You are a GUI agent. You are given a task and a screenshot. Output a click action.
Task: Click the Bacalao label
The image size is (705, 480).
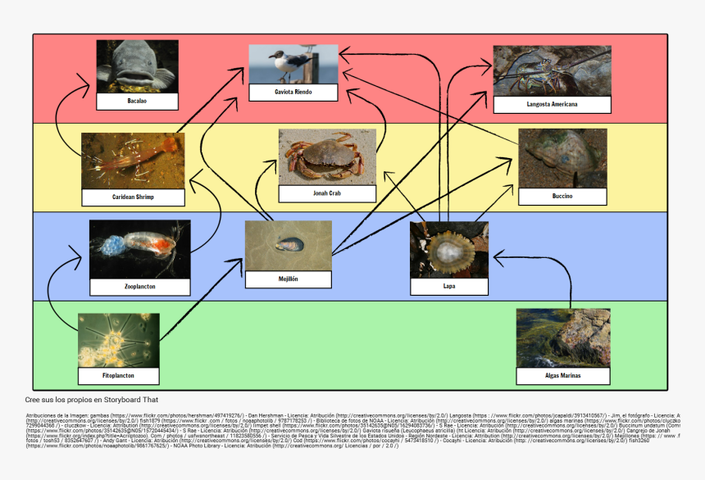(x=137, y=101)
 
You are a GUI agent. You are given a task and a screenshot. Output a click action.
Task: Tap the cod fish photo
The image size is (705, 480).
(x=137, y=66)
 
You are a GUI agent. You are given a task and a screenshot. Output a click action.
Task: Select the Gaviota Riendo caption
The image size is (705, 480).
(x=293, y=92)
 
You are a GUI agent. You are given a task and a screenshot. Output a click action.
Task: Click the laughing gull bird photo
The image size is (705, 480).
(x=293, y=63)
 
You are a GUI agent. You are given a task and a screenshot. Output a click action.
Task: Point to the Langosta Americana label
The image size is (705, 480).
(x=552, y=104)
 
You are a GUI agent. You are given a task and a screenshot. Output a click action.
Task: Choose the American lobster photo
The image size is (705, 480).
(x=552, y=70)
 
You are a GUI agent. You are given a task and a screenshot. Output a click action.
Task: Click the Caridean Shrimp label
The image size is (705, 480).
(x=133, y=197)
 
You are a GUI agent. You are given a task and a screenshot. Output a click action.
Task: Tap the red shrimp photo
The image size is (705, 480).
(x=133, y=160)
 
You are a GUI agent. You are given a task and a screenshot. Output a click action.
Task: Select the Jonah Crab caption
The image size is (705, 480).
(x=327, y=193)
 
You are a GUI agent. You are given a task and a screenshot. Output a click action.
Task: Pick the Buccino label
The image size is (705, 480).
(x=562, y=197)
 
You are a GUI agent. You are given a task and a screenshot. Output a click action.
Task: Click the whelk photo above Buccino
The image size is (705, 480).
(x=562, y=157)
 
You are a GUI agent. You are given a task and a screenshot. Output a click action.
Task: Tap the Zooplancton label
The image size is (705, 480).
(x=139, y=287)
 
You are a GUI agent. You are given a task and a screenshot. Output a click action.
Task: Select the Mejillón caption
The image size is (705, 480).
(x=289, y=278)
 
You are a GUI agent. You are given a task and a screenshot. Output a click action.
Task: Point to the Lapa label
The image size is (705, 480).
(x=448, y=286)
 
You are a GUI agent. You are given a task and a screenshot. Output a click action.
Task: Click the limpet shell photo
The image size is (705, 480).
(x=449, y=248)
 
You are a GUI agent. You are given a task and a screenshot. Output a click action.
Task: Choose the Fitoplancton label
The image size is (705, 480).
(x=118, y=375)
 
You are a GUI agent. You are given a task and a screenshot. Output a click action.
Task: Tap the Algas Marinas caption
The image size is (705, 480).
(x=563, y=375)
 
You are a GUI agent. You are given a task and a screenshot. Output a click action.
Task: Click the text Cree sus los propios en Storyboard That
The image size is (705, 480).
(x=92, y=400)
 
